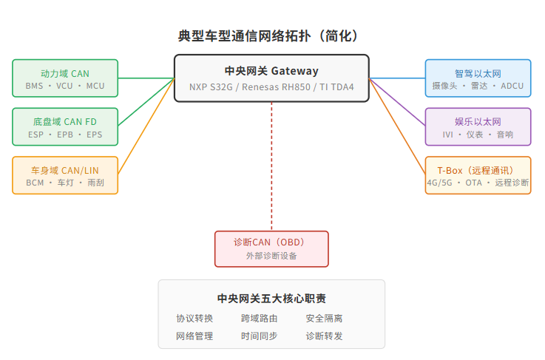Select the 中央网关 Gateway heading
(x=271, y=71)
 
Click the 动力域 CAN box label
(x=65, y=73)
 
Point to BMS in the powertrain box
(x=34, y=86)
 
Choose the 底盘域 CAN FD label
(x=65, y=121)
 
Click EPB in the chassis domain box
(x=65, y=135)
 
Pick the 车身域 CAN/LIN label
(x=65, y=170)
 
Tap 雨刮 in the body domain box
(x=95, y=183)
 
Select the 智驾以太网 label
(x=478, y=73)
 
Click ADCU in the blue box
(x=512, y=86)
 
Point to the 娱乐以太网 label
(x=478, y=121)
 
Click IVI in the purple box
(x=448, y=135)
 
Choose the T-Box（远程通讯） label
(x=478, y=170)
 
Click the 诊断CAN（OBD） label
(x=271, y=242)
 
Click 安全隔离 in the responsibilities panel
(x=324, y=319)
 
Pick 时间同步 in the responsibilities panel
(x=259, y=336)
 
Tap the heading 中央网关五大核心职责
(x=271, y=299)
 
